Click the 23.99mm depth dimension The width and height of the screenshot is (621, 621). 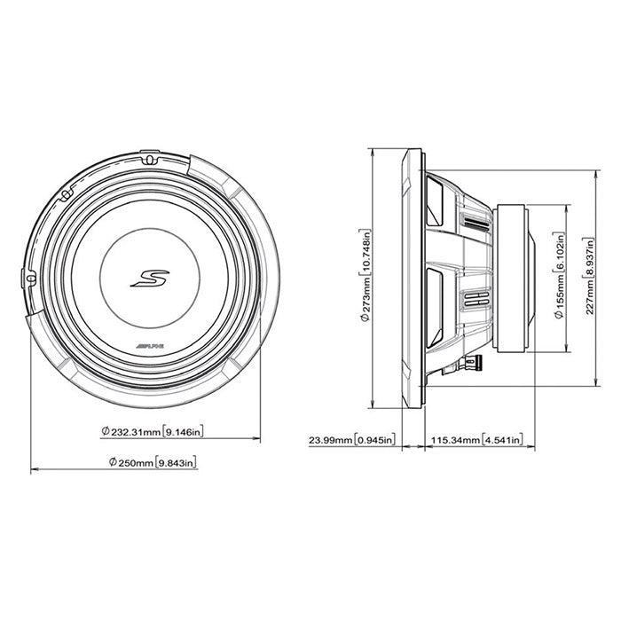328,439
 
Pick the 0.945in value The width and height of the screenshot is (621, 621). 373,439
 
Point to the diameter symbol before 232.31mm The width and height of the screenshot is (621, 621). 106,433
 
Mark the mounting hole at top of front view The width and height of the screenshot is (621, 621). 148,160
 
